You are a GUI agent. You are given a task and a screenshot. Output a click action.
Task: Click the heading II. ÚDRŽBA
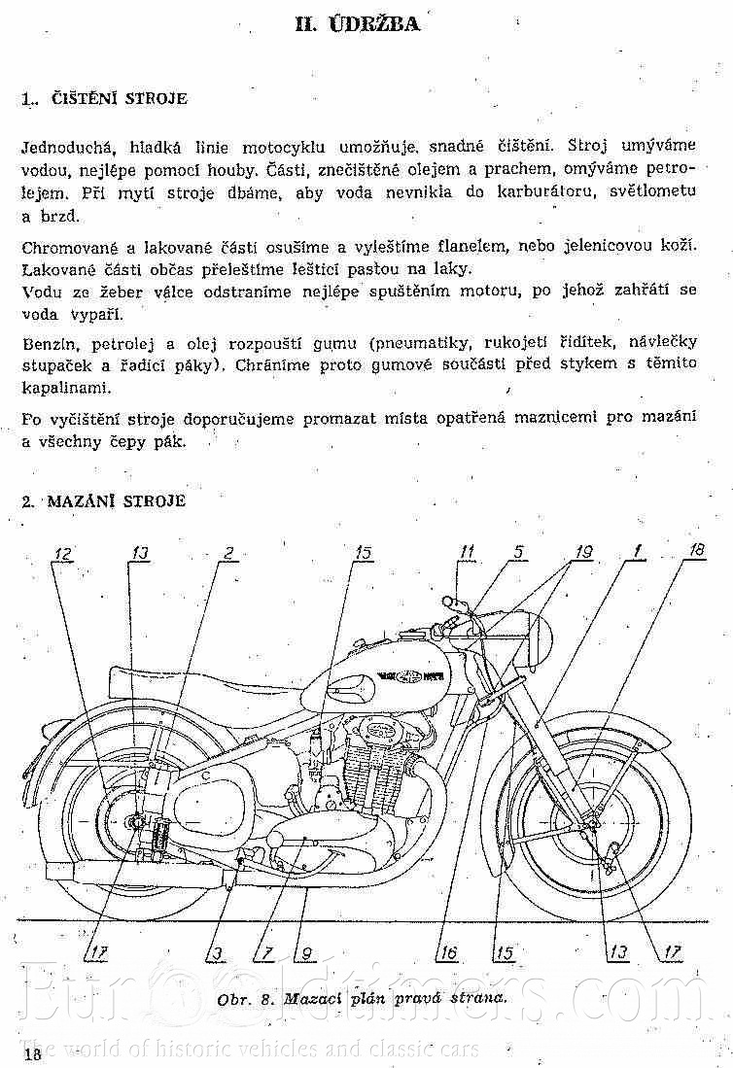357,23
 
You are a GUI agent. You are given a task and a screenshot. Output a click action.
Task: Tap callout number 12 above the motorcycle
63,553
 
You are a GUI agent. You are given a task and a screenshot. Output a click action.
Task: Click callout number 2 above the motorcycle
227,553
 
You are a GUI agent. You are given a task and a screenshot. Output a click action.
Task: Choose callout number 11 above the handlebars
468,552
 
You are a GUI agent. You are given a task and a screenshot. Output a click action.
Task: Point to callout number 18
695,550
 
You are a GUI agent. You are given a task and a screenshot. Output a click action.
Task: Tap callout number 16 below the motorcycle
447,953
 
